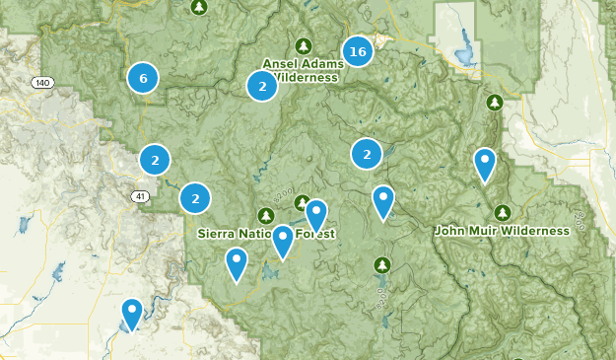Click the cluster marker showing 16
pos(357,52)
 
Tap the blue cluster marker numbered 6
pos(143,78)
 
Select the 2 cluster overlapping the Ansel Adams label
pos(262,87)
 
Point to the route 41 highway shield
pos(142,197)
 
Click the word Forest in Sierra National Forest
pos(315,235)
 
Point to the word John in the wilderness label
pos(451,231)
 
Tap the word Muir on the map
pos(486,231)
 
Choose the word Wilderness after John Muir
pos(537,231)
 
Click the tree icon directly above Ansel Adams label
pos(305,45)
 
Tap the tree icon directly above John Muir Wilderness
pos(503,212)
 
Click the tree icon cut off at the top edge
pos(199,7)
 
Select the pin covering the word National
pos(283,240)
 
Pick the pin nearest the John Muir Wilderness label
pos(484,163)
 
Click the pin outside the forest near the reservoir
pos(131,314)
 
